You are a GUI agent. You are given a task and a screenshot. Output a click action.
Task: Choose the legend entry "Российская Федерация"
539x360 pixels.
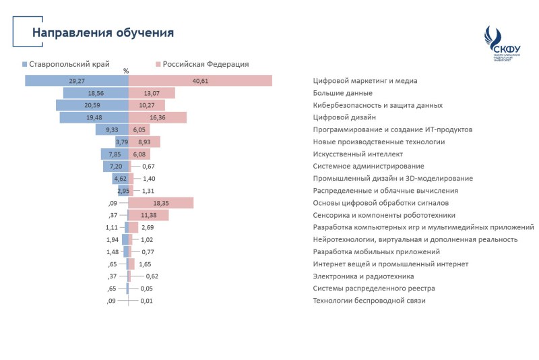[x=201, y=64]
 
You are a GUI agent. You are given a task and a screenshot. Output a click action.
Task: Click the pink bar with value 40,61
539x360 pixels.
[x=200, y=81]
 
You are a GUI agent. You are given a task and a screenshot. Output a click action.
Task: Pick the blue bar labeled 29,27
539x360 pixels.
[x=77, y=81]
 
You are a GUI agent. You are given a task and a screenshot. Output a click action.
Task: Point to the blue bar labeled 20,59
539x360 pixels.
[x=92, y=105]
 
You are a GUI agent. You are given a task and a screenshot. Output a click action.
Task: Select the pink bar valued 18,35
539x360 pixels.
[x=161, y=203]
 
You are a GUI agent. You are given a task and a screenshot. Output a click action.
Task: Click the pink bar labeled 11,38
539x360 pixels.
[x=149, y=215]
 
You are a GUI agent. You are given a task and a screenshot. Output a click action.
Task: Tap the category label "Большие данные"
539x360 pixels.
[x=342, y=93]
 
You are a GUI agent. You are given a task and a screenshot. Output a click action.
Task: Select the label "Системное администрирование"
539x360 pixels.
[x=369, y=166]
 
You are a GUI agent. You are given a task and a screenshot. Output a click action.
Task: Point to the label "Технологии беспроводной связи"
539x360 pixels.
[x=369, y=301]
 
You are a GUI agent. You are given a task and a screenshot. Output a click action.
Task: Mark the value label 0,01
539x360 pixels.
[x=147, y=301]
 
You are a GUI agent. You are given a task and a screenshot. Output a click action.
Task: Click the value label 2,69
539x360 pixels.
[x=148, y=227]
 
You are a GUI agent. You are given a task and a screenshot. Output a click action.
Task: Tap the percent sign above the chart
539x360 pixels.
[x=126, y=71]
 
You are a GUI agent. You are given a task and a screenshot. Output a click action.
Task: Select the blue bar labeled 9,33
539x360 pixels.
[x=112, y=129]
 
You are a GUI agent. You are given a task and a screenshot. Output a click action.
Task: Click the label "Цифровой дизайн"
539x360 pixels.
[x=344, y=117]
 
